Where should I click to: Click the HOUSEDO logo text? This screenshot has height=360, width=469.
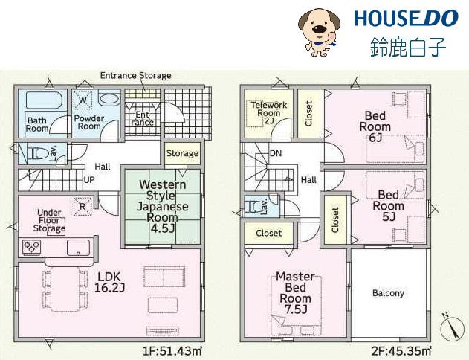tap(406, 19)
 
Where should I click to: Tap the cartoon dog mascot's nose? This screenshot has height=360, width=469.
tap(320, 29)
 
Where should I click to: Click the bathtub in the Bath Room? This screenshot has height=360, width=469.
tap(44, 100)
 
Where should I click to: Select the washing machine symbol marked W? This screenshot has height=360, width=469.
tap(83, 100)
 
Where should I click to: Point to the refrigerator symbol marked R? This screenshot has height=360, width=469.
tap(83, 207)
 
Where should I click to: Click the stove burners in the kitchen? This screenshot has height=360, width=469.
tap(31, 247)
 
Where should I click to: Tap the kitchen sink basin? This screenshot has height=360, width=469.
tap(78, 248)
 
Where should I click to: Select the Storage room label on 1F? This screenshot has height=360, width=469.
tap(182, 153)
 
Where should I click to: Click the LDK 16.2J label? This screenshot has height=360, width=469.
tap(109, 282)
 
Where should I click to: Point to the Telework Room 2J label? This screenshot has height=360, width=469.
tap(268, 113)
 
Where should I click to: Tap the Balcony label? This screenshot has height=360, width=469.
tap(388, 293)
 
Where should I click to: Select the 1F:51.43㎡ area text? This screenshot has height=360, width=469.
tap(172, 351)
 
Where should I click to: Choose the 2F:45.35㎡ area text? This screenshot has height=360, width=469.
tap(401, 351)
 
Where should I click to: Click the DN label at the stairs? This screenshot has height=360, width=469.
tap(276, 153)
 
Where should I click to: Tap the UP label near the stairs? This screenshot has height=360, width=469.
tap(89, 180)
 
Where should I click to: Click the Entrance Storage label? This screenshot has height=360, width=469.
tap(135, 75)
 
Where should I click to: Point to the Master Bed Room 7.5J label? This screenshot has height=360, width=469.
tap(295, 292)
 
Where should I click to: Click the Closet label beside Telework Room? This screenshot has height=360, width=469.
tap(308, 113)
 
